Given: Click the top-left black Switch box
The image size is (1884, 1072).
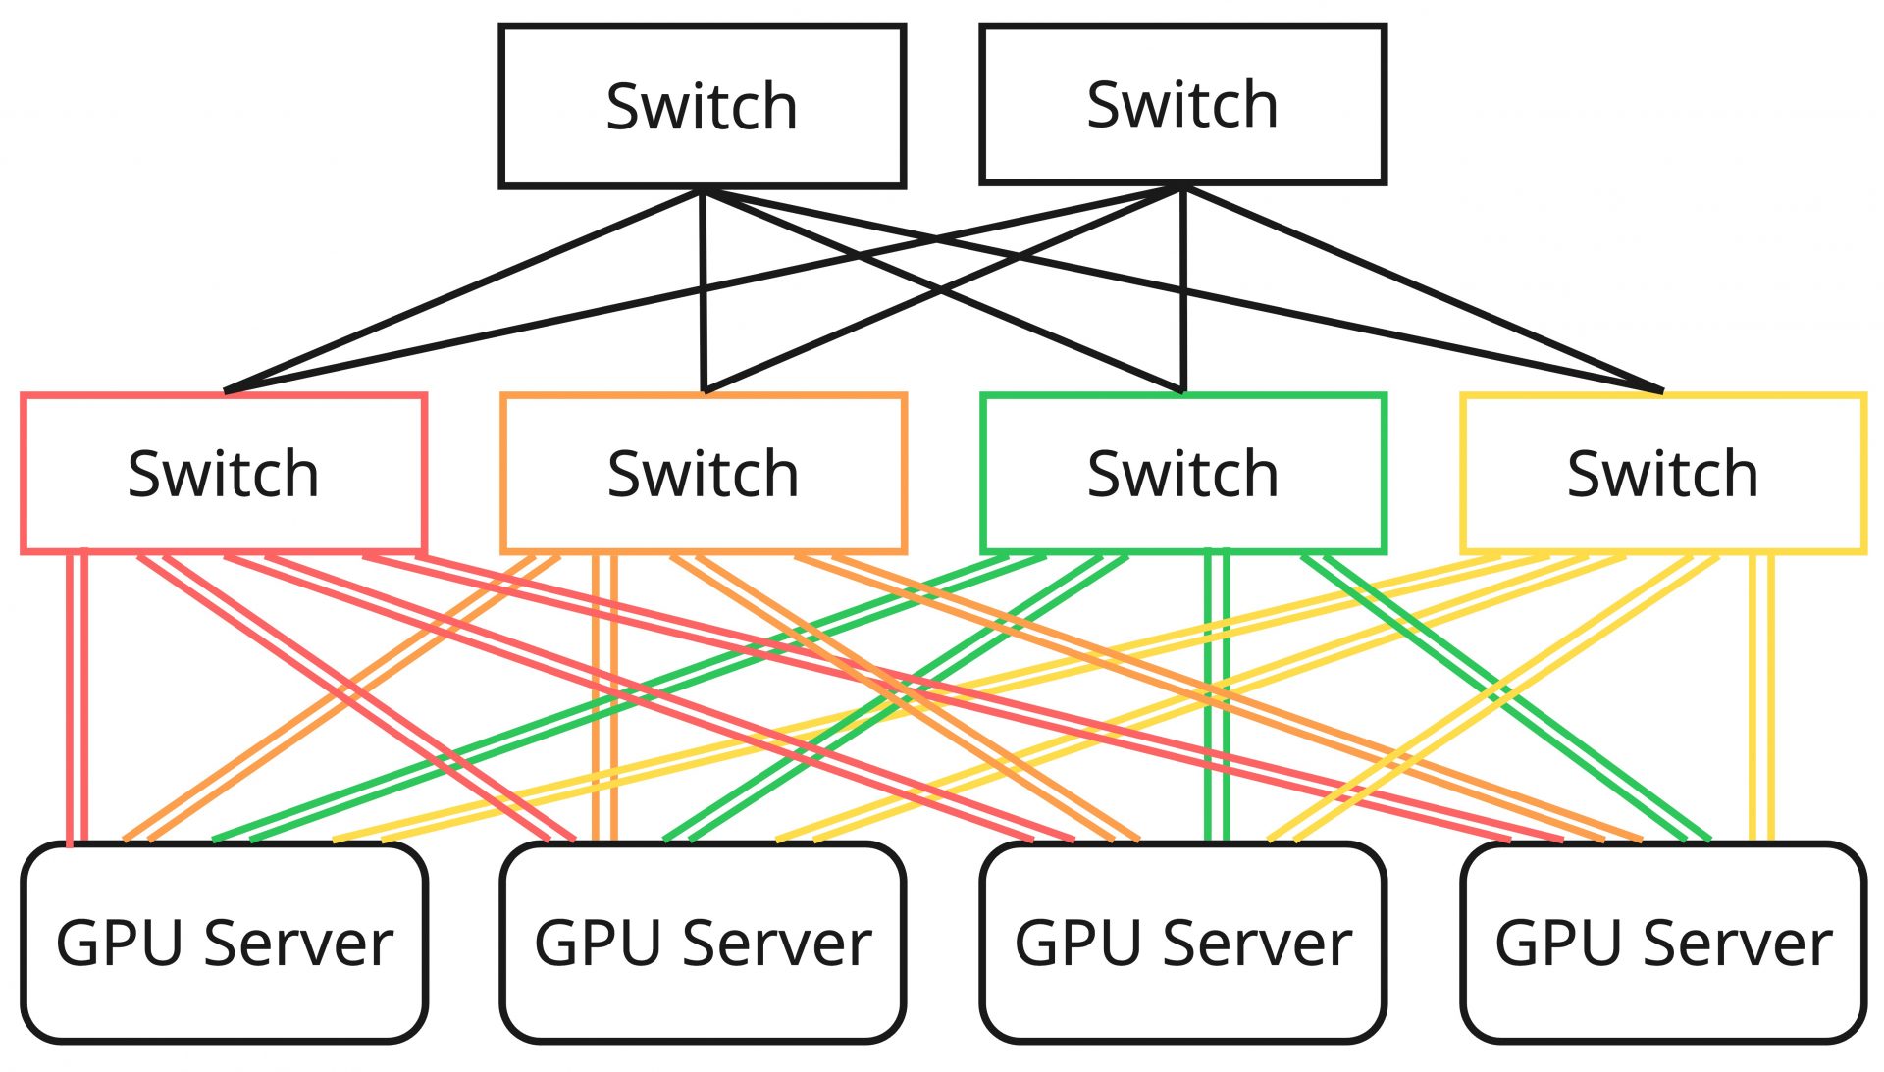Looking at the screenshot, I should pyautogui.click(x=702, y=106).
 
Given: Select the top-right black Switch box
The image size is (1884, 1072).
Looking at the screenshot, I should pyautogui.click(x=1182, y=104).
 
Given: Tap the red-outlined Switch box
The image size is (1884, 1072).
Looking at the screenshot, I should pyautogui.click(x=224, y=474).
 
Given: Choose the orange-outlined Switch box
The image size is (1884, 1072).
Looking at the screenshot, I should pyautogui.click(x=703, y=474).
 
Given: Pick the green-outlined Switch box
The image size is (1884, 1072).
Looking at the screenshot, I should pyautogui.click(x=1182, y=474).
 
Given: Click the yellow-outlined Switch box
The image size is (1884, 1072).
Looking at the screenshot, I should pyautogui.click(x=1662, y=474).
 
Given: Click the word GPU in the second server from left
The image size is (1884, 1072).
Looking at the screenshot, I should pyautogui.click(x=592, y=944).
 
